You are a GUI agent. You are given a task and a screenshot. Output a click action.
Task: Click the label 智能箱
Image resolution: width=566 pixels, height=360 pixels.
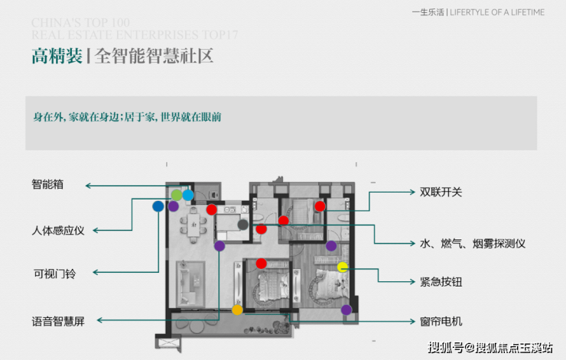tap(47, 185)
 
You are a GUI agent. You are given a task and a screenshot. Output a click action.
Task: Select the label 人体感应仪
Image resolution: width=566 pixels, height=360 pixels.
tap(58, 230)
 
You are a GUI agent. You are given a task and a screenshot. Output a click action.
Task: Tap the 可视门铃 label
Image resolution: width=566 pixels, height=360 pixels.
tap(53, 274)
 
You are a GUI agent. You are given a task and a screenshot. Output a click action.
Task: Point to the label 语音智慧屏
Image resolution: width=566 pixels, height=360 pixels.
tap(58, 322)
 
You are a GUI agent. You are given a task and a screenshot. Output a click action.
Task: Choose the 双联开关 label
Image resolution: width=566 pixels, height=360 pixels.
tap(441, 192)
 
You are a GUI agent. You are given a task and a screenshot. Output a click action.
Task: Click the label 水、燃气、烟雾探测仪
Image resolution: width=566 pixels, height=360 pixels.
tap(473, 244)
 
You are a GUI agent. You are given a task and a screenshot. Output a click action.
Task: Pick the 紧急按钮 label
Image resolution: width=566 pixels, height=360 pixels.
tap(441, 282)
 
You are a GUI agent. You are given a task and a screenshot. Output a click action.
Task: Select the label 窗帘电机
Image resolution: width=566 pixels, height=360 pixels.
tap(441, 322)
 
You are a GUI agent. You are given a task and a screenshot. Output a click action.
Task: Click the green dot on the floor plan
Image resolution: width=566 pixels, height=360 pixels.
tap(177, 196)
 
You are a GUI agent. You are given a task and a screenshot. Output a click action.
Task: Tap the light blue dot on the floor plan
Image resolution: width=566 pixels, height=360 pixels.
tap(188, 196)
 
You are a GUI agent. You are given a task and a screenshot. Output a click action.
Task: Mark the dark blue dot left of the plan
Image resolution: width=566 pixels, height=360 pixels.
tap(158, 206)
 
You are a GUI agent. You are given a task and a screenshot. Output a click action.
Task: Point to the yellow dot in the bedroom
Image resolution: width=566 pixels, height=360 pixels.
tap(343, 267)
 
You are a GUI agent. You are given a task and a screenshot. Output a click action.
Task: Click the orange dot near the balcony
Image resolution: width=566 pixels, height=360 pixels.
tap(237, 310)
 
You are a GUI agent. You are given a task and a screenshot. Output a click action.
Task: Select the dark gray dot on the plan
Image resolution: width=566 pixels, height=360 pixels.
tap(243, 225)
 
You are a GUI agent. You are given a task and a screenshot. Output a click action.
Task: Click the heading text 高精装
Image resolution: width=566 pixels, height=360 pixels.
tap(57, 57)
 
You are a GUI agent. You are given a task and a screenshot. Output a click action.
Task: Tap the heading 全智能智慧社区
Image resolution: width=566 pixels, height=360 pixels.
tap(153, 57)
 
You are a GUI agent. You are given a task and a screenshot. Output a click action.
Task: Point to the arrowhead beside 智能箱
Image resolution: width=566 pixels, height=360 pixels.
tap(88, 186)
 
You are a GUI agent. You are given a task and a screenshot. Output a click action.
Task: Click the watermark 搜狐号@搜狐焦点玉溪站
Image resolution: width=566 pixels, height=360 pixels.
tap(490, 348)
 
